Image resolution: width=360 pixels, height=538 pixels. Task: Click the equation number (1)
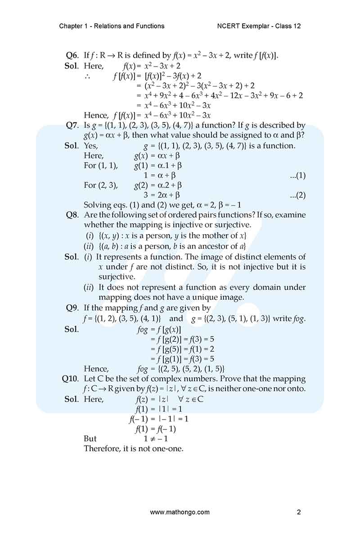pos(298,176)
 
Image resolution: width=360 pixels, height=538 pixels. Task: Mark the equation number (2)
pos(298,195)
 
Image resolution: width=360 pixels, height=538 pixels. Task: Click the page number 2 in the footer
pos(299,512)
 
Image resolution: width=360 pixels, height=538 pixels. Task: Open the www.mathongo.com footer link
pos(180,512)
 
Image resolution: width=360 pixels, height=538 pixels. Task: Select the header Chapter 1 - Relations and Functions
pos(112,26)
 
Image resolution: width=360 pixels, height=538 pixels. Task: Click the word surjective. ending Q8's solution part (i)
pos(117,277)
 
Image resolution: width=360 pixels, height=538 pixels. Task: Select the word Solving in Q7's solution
pos(98,205)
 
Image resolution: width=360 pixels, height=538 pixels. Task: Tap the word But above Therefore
pos(90,439)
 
